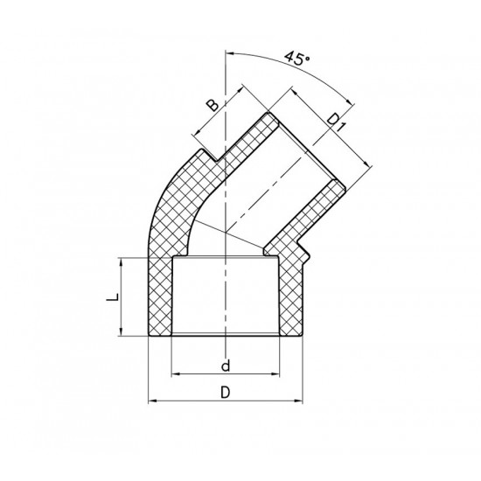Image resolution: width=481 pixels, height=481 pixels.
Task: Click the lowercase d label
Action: [x=226, y=363]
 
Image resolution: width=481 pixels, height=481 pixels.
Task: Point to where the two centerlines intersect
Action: [x=226, y=232]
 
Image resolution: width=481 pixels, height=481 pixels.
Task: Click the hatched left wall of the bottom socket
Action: [x=160, y=297]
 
